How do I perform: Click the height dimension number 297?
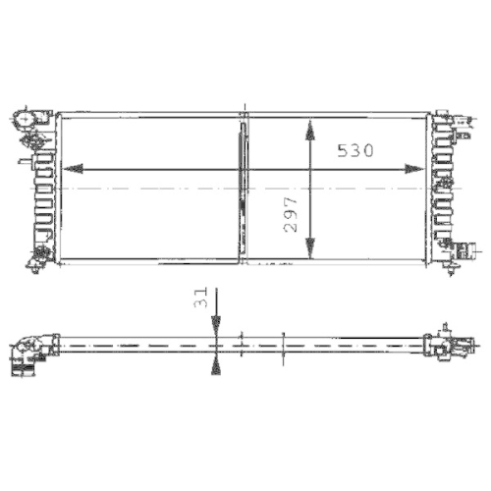[291, 212]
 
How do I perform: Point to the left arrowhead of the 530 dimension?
[70, 167]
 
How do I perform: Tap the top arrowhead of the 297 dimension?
[310, 128]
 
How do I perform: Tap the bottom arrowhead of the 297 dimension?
[310, 250]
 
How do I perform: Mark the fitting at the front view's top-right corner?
[453, 122]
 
